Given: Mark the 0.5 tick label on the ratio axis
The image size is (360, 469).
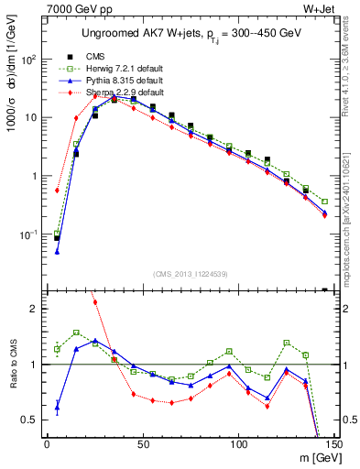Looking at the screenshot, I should click(x=31, y=420).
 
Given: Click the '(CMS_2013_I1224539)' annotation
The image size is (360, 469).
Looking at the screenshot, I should click(x=189, y=272).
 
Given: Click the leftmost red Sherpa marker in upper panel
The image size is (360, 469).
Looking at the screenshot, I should click(x=57, y=191).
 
